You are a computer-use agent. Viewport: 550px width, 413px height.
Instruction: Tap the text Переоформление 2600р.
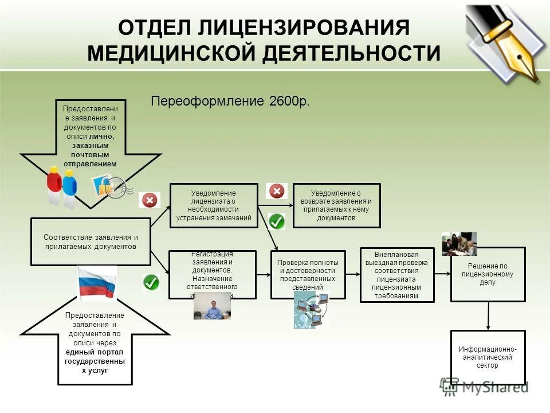click(230, 102)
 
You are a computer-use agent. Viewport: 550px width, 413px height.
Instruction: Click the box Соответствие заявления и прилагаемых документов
click(91, 241)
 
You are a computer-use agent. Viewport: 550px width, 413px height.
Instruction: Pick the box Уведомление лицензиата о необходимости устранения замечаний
click(214, 205)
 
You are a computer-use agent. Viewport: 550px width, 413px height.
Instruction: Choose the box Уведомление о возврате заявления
click(336, 205)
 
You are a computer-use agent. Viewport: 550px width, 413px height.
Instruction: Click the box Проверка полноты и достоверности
click(308, 274)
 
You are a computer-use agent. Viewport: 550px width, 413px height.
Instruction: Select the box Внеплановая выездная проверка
click(396, 275)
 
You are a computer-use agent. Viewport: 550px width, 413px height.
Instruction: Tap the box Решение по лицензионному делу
click(488, 274)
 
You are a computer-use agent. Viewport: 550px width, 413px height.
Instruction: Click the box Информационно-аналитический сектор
click(488, 357)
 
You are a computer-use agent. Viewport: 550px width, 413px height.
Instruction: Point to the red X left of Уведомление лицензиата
click(150, 200)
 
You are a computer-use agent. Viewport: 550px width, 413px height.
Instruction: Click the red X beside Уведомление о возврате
click(277, 191)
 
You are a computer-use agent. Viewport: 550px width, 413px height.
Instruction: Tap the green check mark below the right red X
click(277, 221)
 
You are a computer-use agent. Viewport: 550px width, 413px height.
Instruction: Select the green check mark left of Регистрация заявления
click(151, 282)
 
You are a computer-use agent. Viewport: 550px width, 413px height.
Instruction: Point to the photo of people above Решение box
click(459, 243)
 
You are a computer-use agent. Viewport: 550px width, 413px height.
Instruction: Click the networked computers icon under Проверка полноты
click(312, 310)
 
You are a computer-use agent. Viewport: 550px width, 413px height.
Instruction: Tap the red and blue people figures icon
click(61, 185)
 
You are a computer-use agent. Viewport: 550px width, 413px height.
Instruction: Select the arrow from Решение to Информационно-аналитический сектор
click(488, 315)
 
